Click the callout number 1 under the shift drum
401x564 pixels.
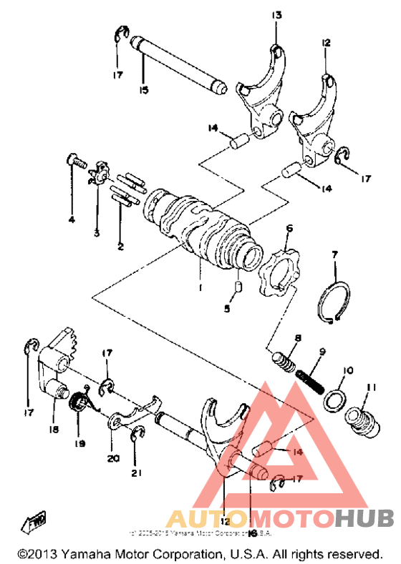pyautogui.click(x=201, y=287)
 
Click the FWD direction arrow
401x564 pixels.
pyautogui.click(x=37, y=520)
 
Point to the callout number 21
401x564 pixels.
pyautogui.click(x=136, y=473)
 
